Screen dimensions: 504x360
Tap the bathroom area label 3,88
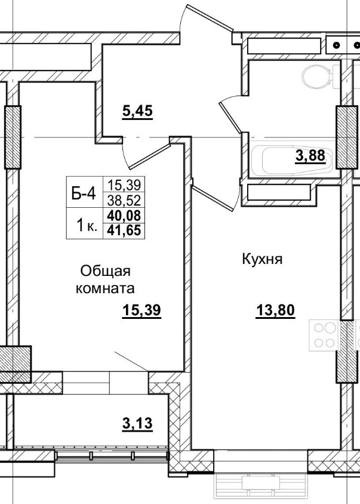point(310,156)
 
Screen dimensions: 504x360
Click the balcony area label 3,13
point(137,424)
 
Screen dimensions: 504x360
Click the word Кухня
point(261,260)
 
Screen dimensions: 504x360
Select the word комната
point(104,288)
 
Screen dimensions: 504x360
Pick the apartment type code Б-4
point(83,193)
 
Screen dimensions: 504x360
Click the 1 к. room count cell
point(84,225)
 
